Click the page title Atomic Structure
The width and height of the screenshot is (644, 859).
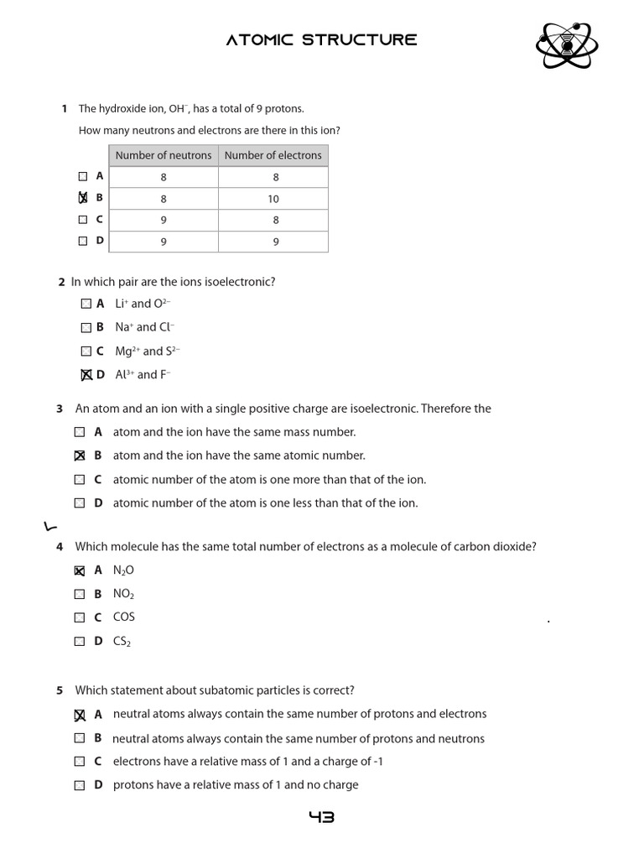pyautogui.click(x=321, y=40)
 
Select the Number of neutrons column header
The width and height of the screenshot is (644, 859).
pyautogui.click(x=164, y=155)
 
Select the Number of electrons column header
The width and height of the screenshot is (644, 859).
pyautogui.click(x=273, y=155)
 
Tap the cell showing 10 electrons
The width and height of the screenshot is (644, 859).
pyautogui.click(x=273, y=199)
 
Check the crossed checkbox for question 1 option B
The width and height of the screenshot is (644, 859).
pyautogui.click(x=82, y=198)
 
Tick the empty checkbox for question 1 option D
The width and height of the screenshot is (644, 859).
pyautogui.click(x=82, y=241)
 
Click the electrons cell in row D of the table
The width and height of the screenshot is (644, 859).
pyautogui.click(x=273, y=242)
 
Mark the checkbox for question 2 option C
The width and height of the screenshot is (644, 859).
pyautogui.click(x=86, y=351)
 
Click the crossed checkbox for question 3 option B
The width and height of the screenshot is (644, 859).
pyautogui.click(x=80, y=456)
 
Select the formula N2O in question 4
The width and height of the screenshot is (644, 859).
pyautogui.click(x=123, y=570)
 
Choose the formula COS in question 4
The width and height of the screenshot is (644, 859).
pyautogui.click(x=124, y=617)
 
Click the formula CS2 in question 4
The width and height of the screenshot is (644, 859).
pyautogui.click(x=122, y=642)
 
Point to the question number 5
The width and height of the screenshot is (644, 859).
pyautogui.click(x=60, y=690)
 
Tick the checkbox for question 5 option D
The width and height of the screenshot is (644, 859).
pyautogui.click(x=80, y=785)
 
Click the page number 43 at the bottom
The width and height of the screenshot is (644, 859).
pyautogui.click(x=321, y=817)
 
